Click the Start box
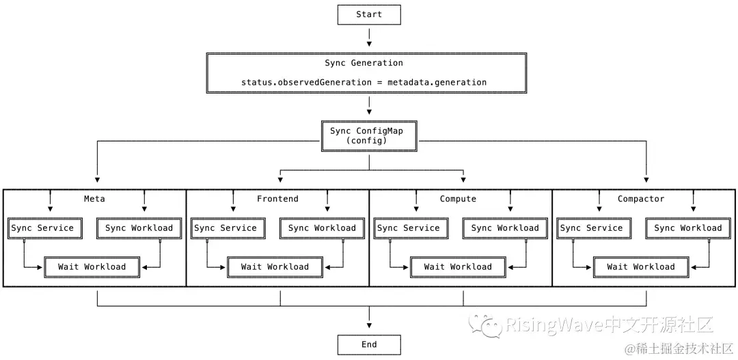coord(369,14)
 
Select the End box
coord(369,344)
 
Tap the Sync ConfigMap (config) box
coord(369,135)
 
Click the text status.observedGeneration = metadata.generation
coord(364,82)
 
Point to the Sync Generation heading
coord(364,63)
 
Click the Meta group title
coord(94,199)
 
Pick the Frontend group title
coord(277,199)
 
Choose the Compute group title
coord(458,199)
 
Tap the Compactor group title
coord(641,199)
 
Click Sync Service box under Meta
coord(42,228)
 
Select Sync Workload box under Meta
coord(139,228)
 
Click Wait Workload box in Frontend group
coord(275,266)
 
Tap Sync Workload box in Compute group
coord(505,228)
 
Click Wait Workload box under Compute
coord(458,266)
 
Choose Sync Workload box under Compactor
coord(688,228)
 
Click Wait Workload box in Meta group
coord(92,266)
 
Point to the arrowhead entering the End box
coord(369,330)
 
